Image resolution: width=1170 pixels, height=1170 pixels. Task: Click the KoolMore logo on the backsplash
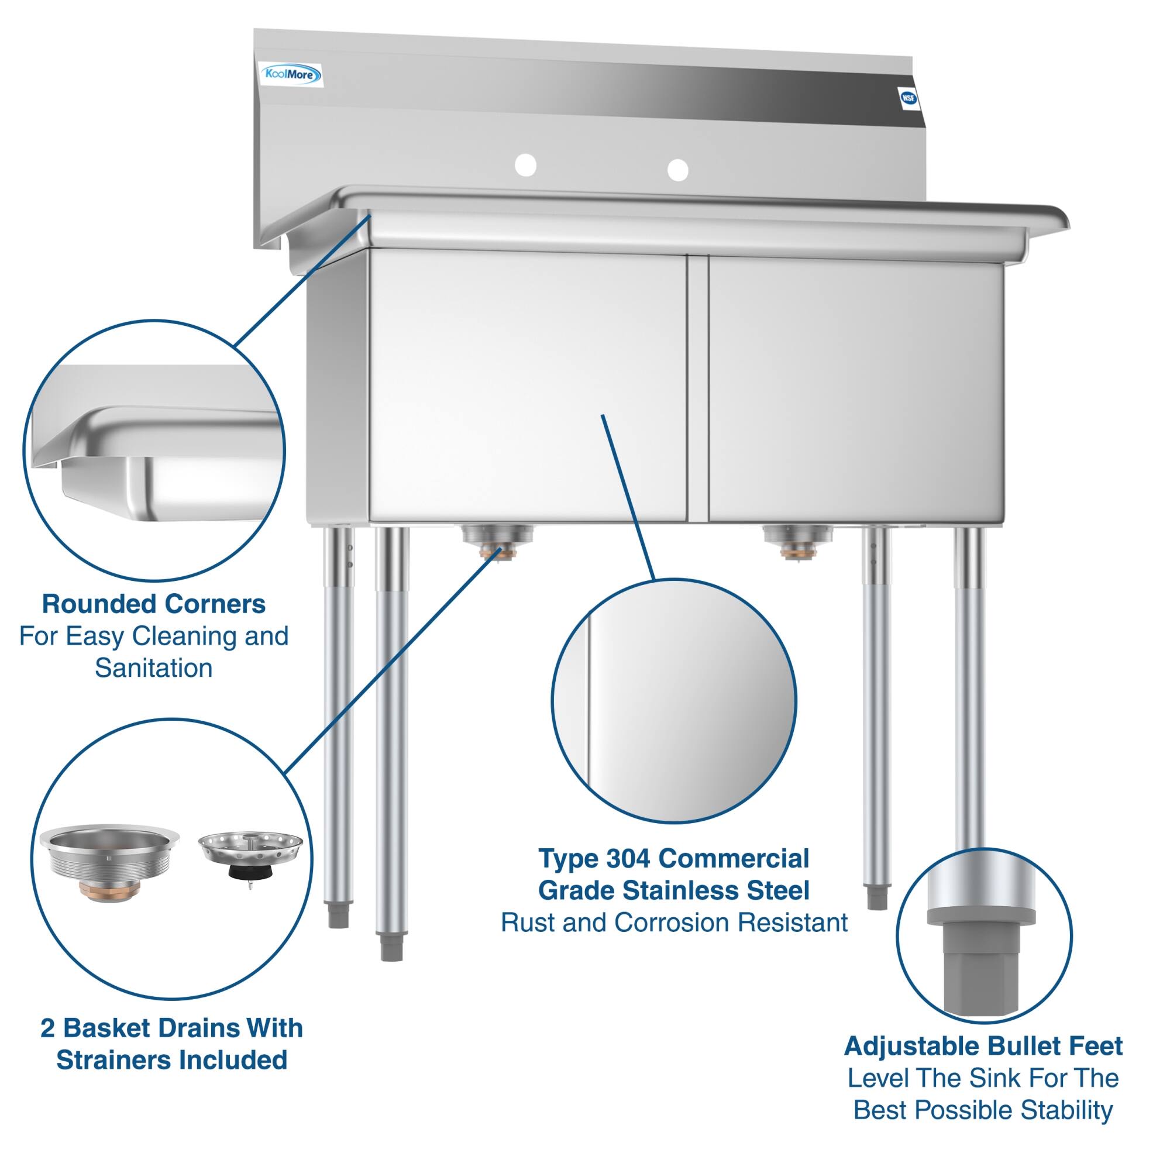point(291,75)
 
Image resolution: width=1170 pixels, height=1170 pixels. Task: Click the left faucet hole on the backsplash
point(525,166)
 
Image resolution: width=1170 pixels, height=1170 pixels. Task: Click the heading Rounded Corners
point(154,604)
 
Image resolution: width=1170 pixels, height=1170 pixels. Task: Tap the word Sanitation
point(154,669)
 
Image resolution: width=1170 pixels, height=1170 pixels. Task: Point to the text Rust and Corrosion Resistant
point(674,923)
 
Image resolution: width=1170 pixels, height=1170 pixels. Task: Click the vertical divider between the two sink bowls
point(698,388)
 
